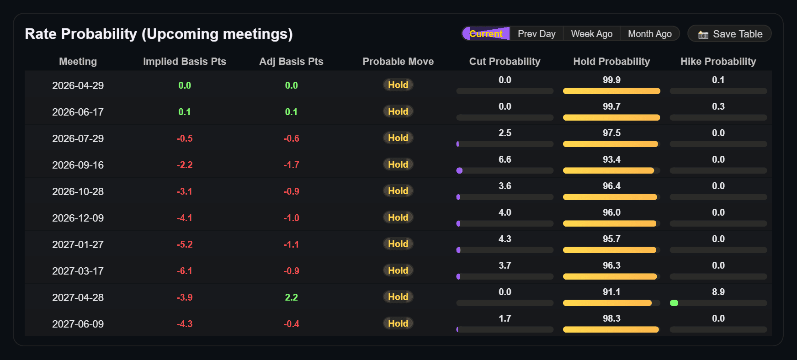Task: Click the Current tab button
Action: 486,34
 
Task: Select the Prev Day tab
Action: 537,34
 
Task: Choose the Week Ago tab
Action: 591,34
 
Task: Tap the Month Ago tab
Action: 649,34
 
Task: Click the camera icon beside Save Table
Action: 703,35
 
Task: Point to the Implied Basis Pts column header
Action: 184,61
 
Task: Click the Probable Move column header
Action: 398,61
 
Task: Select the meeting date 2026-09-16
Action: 78,165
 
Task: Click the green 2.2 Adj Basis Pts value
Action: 291,297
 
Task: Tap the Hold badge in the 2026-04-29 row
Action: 398,85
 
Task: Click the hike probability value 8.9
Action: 718,292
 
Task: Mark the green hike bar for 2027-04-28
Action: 674,303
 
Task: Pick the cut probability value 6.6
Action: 505,159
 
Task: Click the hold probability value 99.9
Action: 611,80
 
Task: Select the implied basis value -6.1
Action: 184,271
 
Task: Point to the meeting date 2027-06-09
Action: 78,324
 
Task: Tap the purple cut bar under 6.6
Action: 459,170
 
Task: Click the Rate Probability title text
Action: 159,34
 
